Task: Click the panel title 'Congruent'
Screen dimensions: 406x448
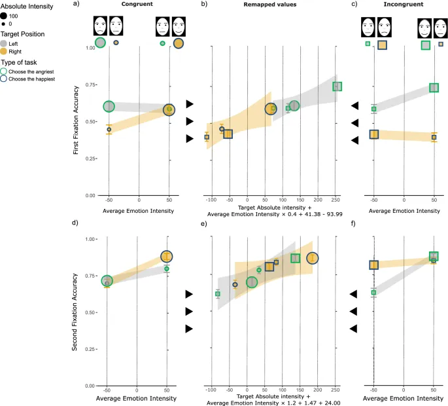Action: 137,5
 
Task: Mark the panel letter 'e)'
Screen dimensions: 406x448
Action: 204,224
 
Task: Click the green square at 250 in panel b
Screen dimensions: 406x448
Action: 337,86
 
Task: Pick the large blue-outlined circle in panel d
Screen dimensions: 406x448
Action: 167,257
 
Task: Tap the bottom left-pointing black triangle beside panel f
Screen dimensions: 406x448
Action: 353,328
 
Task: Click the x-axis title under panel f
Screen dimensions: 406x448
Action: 398,398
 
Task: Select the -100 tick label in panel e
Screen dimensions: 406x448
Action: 211,390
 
